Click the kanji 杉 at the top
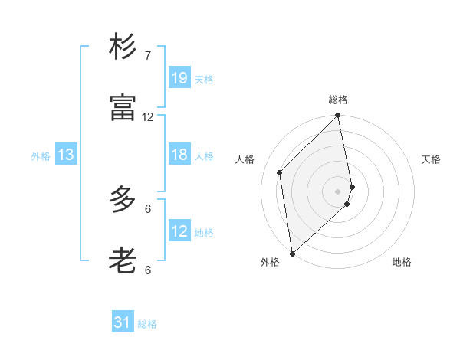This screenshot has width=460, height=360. [123, 47]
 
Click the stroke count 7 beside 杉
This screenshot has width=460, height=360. [148, 56]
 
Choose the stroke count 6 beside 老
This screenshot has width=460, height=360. [148, 270]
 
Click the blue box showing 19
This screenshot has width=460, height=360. [179, 77]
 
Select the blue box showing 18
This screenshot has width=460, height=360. [179, 155]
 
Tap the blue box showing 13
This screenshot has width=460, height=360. [65, 155]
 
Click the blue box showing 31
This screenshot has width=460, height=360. [123, 322]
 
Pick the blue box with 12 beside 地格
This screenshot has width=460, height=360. [179, 231]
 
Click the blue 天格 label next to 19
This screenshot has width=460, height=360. [203, 79]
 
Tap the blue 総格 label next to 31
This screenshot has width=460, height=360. [147, 324]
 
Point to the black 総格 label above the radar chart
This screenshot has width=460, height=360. [338, 100]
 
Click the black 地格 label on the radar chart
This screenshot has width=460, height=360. [402, 262]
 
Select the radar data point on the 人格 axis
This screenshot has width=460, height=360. [280, 172]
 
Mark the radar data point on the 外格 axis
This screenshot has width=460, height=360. [291, 253]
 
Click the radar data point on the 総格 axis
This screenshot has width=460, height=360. [338, 116]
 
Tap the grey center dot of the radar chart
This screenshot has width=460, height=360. [338, 190]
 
